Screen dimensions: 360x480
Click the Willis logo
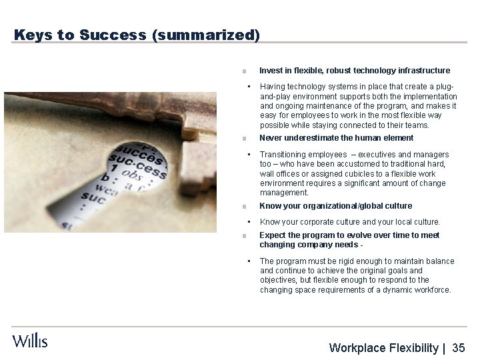click(x=30, y=340)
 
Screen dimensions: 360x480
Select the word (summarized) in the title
click(x=206, y=35)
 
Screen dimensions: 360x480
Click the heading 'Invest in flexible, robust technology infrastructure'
click(x=354, y=70)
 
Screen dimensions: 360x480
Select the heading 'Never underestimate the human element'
click(x=336, y=138)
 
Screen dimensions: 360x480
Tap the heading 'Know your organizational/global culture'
click(x=335, y=206)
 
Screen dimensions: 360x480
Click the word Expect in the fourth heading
click(x=273, y=235)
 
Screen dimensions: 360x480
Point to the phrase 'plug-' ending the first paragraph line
click(x=447, y=87)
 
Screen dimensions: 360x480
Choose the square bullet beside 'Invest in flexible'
click(x=245, y=71)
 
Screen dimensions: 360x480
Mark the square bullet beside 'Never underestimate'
click(x=245, y=139)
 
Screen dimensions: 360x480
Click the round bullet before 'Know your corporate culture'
click(x=248, y=221)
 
